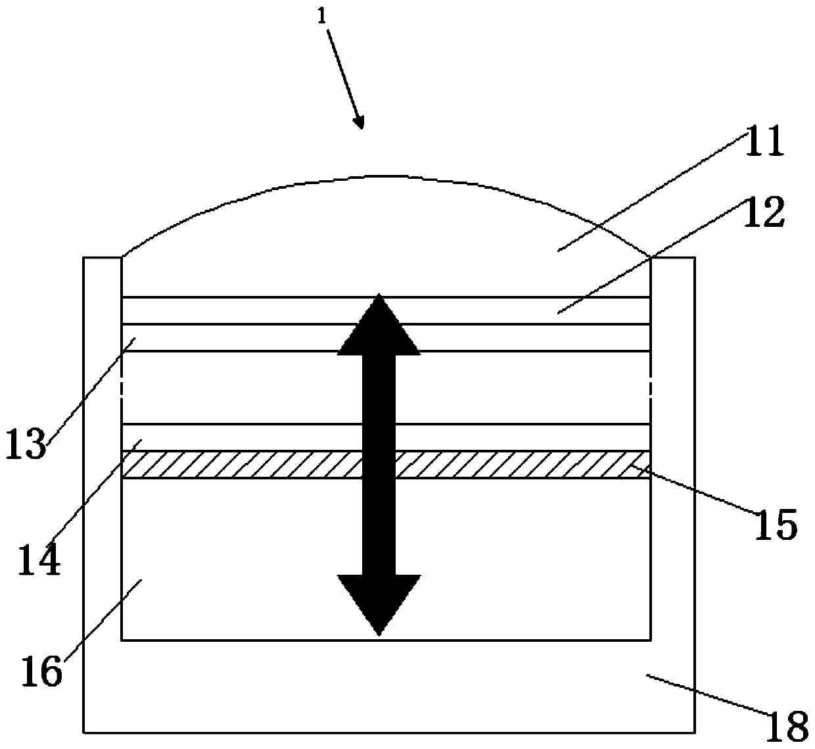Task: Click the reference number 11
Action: pyautogui.click(x=764, y=141)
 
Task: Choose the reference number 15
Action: pyautogui.click(x=775, y=524)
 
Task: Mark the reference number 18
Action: pyautogui.click(x=787, y=726)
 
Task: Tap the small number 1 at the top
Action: pyautogui.click(x=321, y=16)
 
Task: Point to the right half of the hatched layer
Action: pyautogui.click(x=526, y=464)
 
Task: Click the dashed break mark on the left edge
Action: pyautogui.click(x=123, y=387)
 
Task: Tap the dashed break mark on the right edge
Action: pyautogui.click(x=650, y=387)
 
